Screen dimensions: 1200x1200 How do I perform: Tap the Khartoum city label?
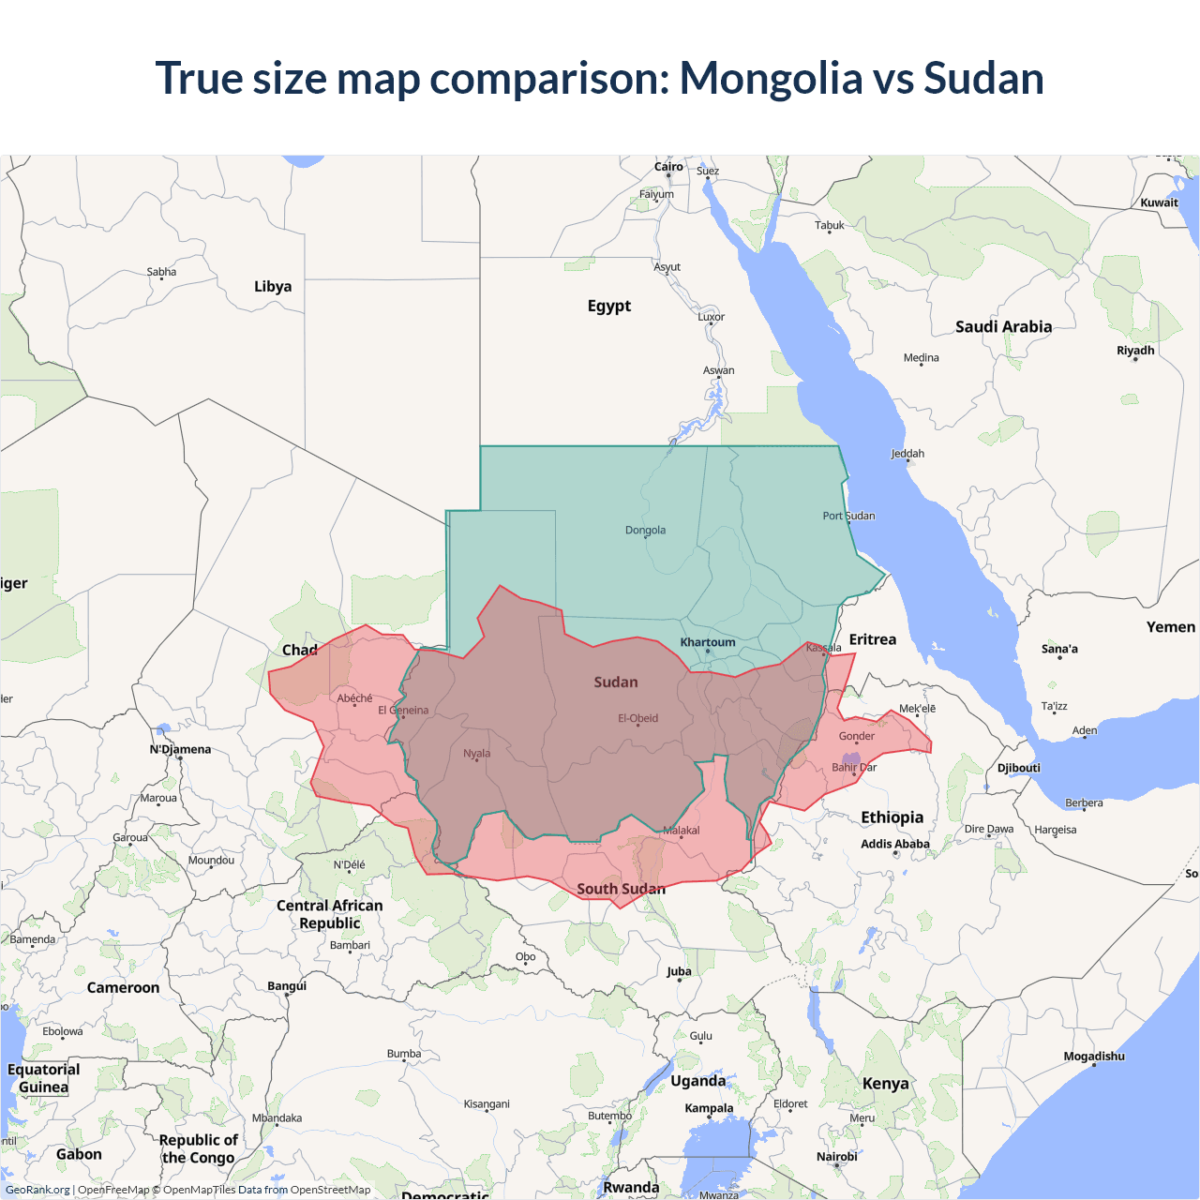708,643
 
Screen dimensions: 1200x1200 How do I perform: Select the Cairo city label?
668,167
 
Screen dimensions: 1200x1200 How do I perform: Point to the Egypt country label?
608,306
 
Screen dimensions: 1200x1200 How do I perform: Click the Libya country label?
273,287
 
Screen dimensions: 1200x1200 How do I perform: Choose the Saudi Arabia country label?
1003,327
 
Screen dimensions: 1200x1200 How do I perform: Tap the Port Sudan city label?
848,516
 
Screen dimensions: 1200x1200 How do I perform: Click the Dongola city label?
645,531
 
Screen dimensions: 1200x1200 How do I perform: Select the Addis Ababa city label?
894,844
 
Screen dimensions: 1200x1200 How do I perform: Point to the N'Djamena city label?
180,749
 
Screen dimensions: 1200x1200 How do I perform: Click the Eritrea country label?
872,639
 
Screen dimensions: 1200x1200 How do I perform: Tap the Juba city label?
679,971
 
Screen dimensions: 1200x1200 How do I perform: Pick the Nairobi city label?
836,1156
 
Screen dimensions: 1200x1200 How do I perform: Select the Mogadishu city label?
1093,1057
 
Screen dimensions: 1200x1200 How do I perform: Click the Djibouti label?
1018,768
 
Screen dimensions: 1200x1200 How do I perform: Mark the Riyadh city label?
1134,351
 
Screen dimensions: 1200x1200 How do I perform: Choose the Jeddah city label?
907,454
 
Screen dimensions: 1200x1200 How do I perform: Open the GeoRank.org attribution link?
37,1190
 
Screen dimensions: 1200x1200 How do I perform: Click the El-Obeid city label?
637,719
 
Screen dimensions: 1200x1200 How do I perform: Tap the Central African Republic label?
329,914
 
